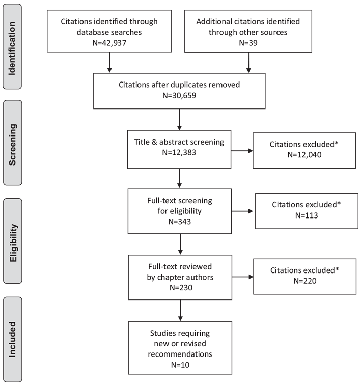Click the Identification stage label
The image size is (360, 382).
(12, 48)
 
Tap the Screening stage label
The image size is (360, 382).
(12, 145)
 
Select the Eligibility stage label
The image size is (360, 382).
(13, 242)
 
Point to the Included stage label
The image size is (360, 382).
(12, 340)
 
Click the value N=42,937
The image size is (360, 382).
(109, 43)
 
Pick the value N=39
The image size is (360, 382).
(248, 43)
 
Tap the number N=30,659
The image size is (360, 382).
(179, 95)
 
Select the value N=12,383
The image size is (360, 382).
(179, 152)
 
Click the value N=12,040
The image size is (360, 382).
(304, 155)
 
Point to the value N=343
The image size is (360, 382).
(180, 222)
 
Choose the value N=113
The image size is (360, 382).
(307, 215)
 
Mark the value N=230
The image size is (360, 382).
(181, 287)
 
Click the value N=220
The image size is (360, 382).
(304, 281)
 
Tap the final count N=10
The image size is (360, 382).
(180, 365)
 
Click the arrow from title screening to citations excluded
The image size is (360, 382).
(242, 151)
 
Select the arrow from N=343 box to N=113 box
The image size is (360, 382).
(242, 211)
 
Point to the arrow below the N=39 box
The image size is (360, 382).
(248, 63)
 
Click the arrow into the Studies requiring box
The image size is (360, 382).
(180, 310)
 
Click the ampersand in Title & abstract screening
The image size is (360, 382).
(154, 142)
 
